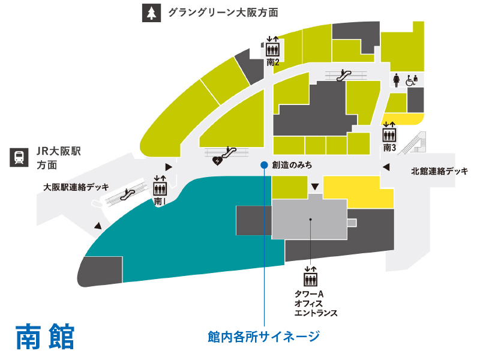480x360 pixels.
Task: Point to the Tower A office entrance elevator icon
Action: pos(310,278)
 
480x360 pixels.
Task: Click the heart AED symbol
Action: pos(218,160)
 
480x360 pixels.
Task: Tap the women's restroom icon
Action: pos(397,80)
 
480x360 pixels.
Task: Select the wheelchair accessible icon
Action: pos(411,80)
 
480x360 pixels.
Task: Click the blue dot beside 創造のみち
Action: pos(263,164)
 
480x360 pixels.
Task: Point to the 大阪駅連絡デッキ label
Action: pos(76,187)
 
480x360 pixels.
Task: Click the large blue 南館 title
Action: pos(46,337)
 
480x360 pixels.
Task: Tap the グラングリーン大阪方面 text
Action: pos(223,13)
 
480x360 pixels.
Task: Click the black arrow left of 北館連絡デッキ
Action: pos(386,167)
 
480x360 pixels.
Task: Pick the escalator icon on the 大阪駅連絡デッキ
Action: pos(127,193)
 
